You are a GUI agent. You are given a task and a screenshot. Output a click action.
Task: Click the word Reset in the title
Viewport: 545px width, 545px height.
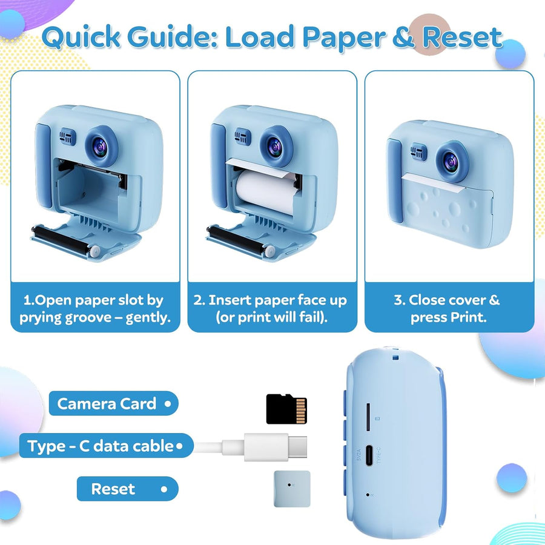pyautogui.click(x=462, y=38)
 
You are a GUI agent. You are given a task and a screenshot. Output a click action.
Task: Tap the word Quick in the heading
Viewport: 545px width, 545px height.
pyautogui.click(x=81, y=37)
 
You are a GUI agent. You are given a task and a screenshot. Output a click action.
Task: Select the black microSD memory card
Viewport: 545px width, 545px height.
pyautogui.click(x=286, y=409)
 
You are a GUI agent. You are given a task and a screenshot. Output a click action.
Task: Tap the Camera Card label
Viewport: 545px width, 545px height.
pyautogui.click(x=113, y=403)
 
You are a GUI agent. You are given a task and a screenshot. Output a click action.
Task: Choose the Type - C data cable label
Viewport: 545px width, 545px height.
pyautogui.click(x=106, y=446)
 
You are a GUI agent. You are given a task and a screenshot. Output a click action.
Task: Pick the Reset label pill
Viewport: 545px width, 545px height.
pyautogui.click(x=128, y=489)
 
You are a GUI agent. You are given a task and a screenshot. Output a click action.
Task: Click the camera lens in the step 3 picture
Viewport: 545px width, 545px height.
pyautogui.click(x=451, y=162)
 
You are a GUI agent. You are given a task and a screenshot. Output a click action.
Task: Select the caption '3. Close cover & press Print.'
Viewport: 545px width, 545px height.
pyautogui.click(x=448, y=308)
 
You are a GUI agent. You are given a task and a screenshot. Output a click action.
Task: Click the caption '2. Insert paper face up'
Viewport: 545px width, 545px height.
pyautogui.click(x=271, y=300)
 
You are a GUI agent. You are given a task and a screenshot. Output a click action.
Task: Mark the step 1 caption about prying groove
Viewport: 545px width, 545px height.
pyautogui.click(x=95, y=308)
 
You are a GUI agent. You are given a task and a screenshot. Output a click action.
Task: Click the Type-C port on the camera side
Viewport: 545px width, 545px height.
pyautogui.click(x=369, y=455)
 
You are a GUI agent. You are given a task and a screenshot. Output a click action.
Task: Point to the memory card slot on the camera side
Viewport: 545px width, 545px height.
pyautogui.click(x=368, y=417)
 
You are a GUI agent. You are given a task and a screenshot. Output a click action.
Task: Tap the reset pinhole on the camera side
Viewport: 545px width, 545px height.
pyautogui.click(x=368, y=494)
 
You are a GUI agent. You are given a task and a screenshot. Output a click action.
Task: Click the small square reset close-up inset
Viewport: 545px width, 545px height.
pyautogui.click(x=292, y=489)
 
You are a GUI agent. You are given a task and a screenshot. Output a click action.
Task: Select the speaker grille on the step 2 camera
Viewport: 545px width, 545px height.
pyautogui.click(x=242, y=136)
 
